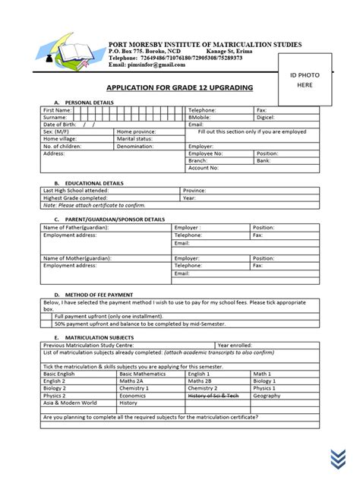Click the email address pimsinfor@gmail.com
157,65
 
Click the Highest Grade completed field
76,197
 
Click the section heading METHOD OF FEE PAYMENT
99,293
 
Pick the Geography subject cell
267,396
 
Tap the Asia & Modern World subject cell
70,403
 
